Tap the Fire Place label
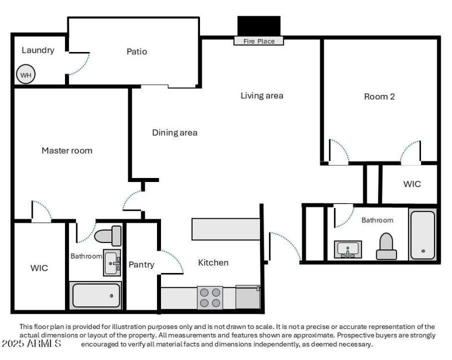pyautogui.click(x=259, y=41)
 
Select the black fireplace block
pyautogui.click(x=259, y=26)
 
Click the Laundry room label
pyautogui.click(x=38, y=50)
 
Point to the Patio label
pyautogui.click(x=136, y=51)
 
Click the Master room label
pyautogui.click(x=67, y=150)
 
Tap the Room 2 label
pyautogui.click(x=379, y=97)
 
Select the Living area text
pyautogui.click(x=262, y=96)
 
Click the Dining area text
pyautogui.click(x=175, y=133)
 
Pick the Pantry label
pyautogui.click(x=141, y=264)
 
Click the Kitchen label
pyautogui.click(x=213, y=262)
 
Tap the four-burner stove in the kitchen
pyautogui.click(x=210, y=297)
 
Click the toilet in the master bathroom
pyautogui.click(x=108, y=235)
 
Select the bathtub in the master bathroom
pyautogui.click(x=96, y=296)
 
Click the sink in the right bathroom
pyautogui.click(x=348, y=249)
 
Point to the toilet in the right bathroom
pyautogui.click(x=386, y=247)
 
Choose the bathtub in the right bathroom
pyautogui.click(x=423, y=235)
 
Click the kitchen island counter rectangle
pyautogui.click(x=225, y=229)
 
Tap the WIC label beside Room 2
pyautogui.click(x=411, y=184)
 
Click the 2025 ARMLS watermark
pyautogui.click(x=31, y=344)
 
